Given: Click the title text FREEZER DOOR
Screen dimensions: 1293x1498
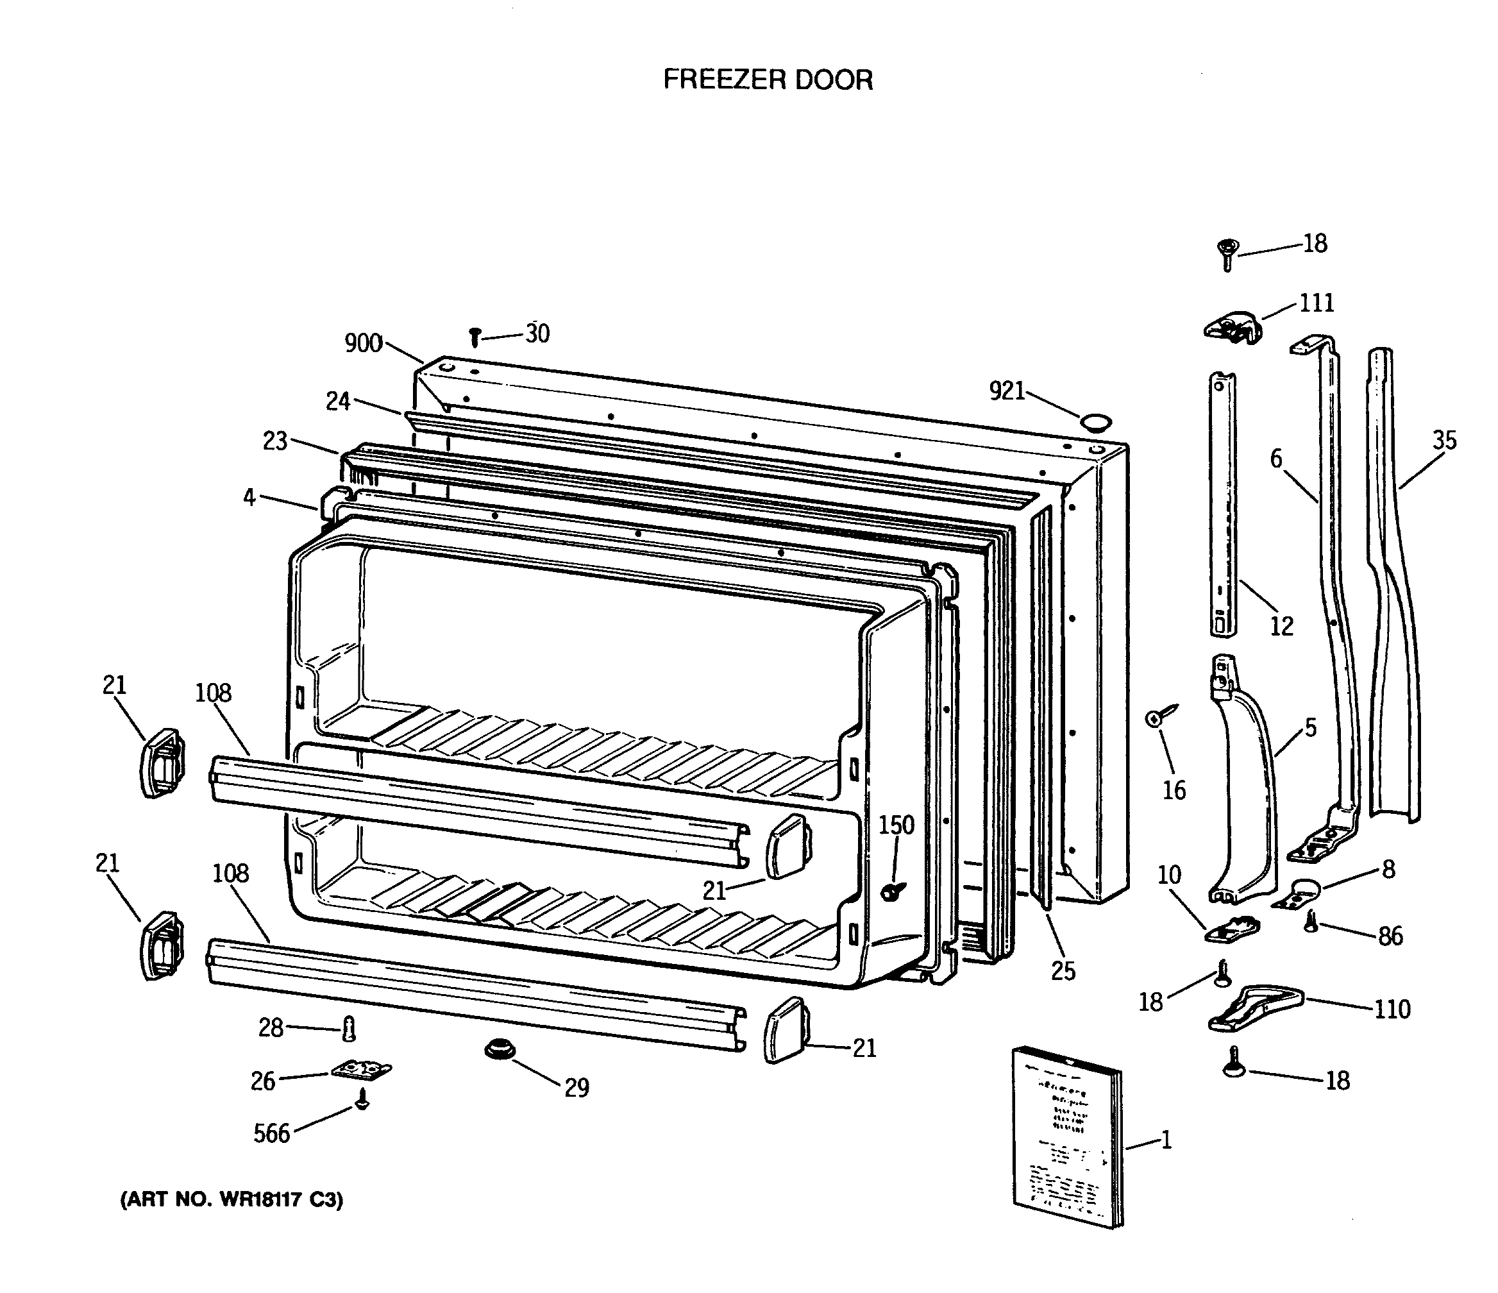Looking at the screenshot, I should (x=768, y=80).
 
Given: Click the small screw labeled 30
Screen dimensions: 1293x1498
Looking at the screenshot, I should (x=475, y=336).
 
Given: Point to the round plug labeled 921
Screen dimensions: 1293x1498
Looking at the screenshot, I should (x=1095, y=422).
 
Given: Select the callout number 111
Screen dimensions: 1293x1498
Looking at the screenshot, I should (x=1317, y=302).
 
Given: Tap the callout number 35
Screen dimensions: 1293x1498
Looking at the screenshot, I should (x=1445, y=440).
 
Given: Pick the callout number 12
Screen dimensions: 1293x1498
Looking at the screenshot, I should (x=1281, y=625).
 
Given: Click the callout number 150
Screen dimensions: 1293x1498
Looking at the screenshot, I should (x=896, y=825).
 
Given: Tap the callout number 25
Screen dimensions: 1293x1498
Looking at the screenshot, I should (x=1063, y=971).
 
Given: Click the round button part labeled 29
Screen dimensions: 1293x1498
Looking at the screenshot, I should (x=498, y=1049).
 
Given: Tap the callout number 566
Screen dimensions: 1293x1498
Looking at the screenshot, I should (x=271, y=1134).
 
